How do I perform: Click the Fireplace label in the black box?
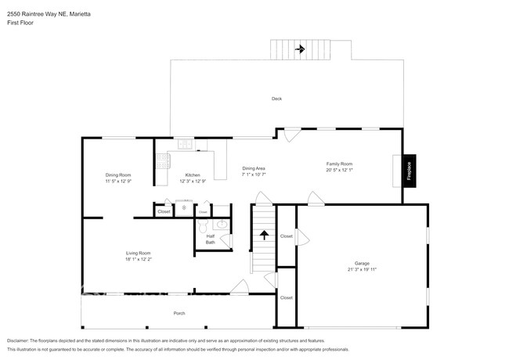pos(410,169)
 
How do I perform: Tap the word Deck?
pos(276,99)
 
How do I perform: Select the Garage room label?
pos(361,264)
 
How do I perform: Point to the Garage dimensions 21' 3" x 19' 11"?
pos(361,270)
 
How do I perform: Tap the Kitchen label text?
pos(193,175)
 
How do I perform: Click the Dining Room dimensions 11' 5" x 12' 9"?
pos(118,181)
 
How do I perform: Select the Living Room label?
pos(138,252)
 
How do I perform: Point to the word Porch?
pos(179,313)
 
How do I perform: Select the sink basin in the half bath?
pos(222,225)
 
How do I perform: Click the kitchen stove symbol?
pos(163,160)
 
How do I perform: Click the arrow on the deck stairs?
pos(299,50)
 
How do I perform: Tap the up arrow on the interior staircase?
pos(265,233)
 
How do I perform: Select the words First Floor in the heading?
pos(20,22)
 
